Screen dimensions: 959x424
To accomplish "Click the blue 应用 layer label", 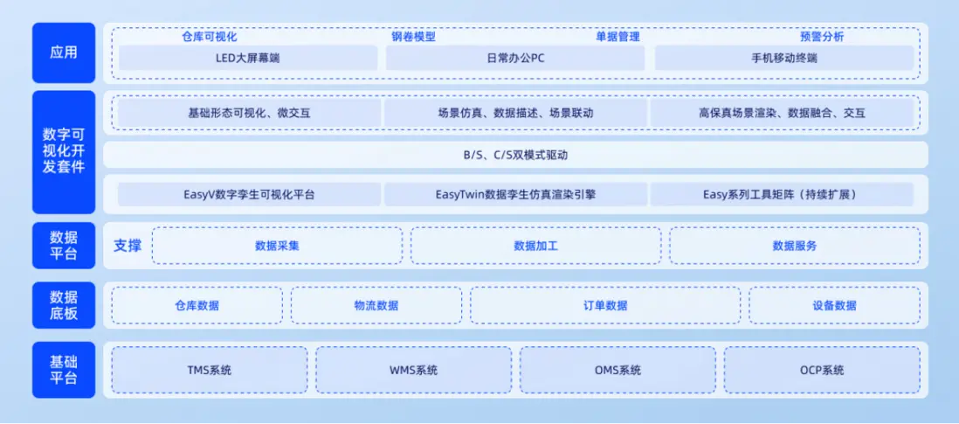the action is click(x=64, y=52).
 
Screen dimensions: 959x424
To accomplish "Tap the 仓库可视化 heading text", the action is click(x=209, y=37).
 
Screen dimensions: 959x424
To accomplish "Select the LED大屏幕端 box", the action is click(x=248, y=58).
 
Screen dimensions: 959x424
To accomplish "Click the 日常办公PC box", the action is click(x=515, y=58).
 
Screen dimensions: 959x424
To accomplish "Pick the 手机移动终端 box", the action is click(x=784, y=58).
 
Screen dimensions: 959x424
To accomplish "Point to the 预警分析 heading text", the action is click(x=822, y=37).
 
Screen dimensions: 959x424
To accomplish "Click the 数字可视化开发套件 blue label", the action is click(x=64, y=152).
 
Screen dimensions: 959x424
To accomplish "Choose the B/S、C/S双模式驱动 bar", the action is click(x=515, y=155).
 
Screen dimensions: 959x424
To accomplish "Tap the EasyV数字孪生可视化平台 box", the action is click(x=250, y=195).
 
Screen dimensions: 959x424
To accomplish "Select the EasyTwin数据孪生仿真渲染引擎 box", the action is click(x=515, y=195).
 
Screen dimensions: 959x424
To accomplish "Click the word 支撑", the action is click(x=128, y=246).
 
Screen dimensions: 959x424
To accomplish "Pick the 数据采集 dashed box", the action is click(x=277, y=246).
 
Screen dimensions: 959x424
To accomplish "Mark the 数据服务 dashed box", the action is click(x=795, y=246).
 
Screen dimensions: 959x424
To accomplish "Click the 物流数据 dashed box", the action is click(x=376, y=305).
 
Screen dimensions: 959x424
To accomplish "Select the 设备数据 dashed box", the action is click(x=834, y=305).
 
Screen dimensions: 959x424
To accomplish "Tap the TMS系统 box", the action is click(x=210, y=370).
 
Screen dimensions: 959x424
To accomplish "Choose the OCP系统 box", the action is click(x=822, y=370).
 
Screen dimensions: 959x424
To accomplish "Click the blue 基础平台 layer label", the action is click(x=64, y=370).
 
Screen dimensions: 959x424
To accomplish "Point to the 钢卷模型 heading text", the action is click(x=413, y=37).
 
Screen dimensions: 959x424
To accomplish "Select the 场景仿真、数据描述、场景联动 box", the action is click(x=515, y=113).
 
